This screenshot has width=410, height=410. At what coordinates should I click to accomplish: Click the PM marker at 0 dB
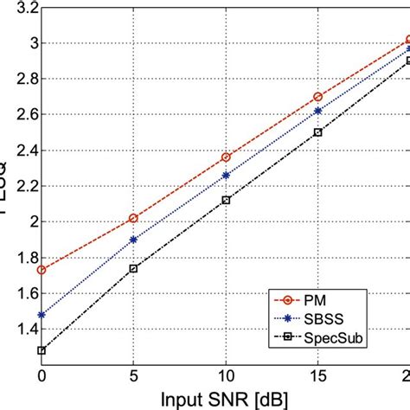click(x=42, y=270)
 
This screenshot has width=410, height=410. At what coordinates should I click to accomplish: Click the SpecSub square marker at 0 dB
click(x=42, y=350)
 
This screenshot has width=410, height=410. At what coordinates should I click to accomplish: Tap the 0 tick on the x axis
click(x=42, y=379)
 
